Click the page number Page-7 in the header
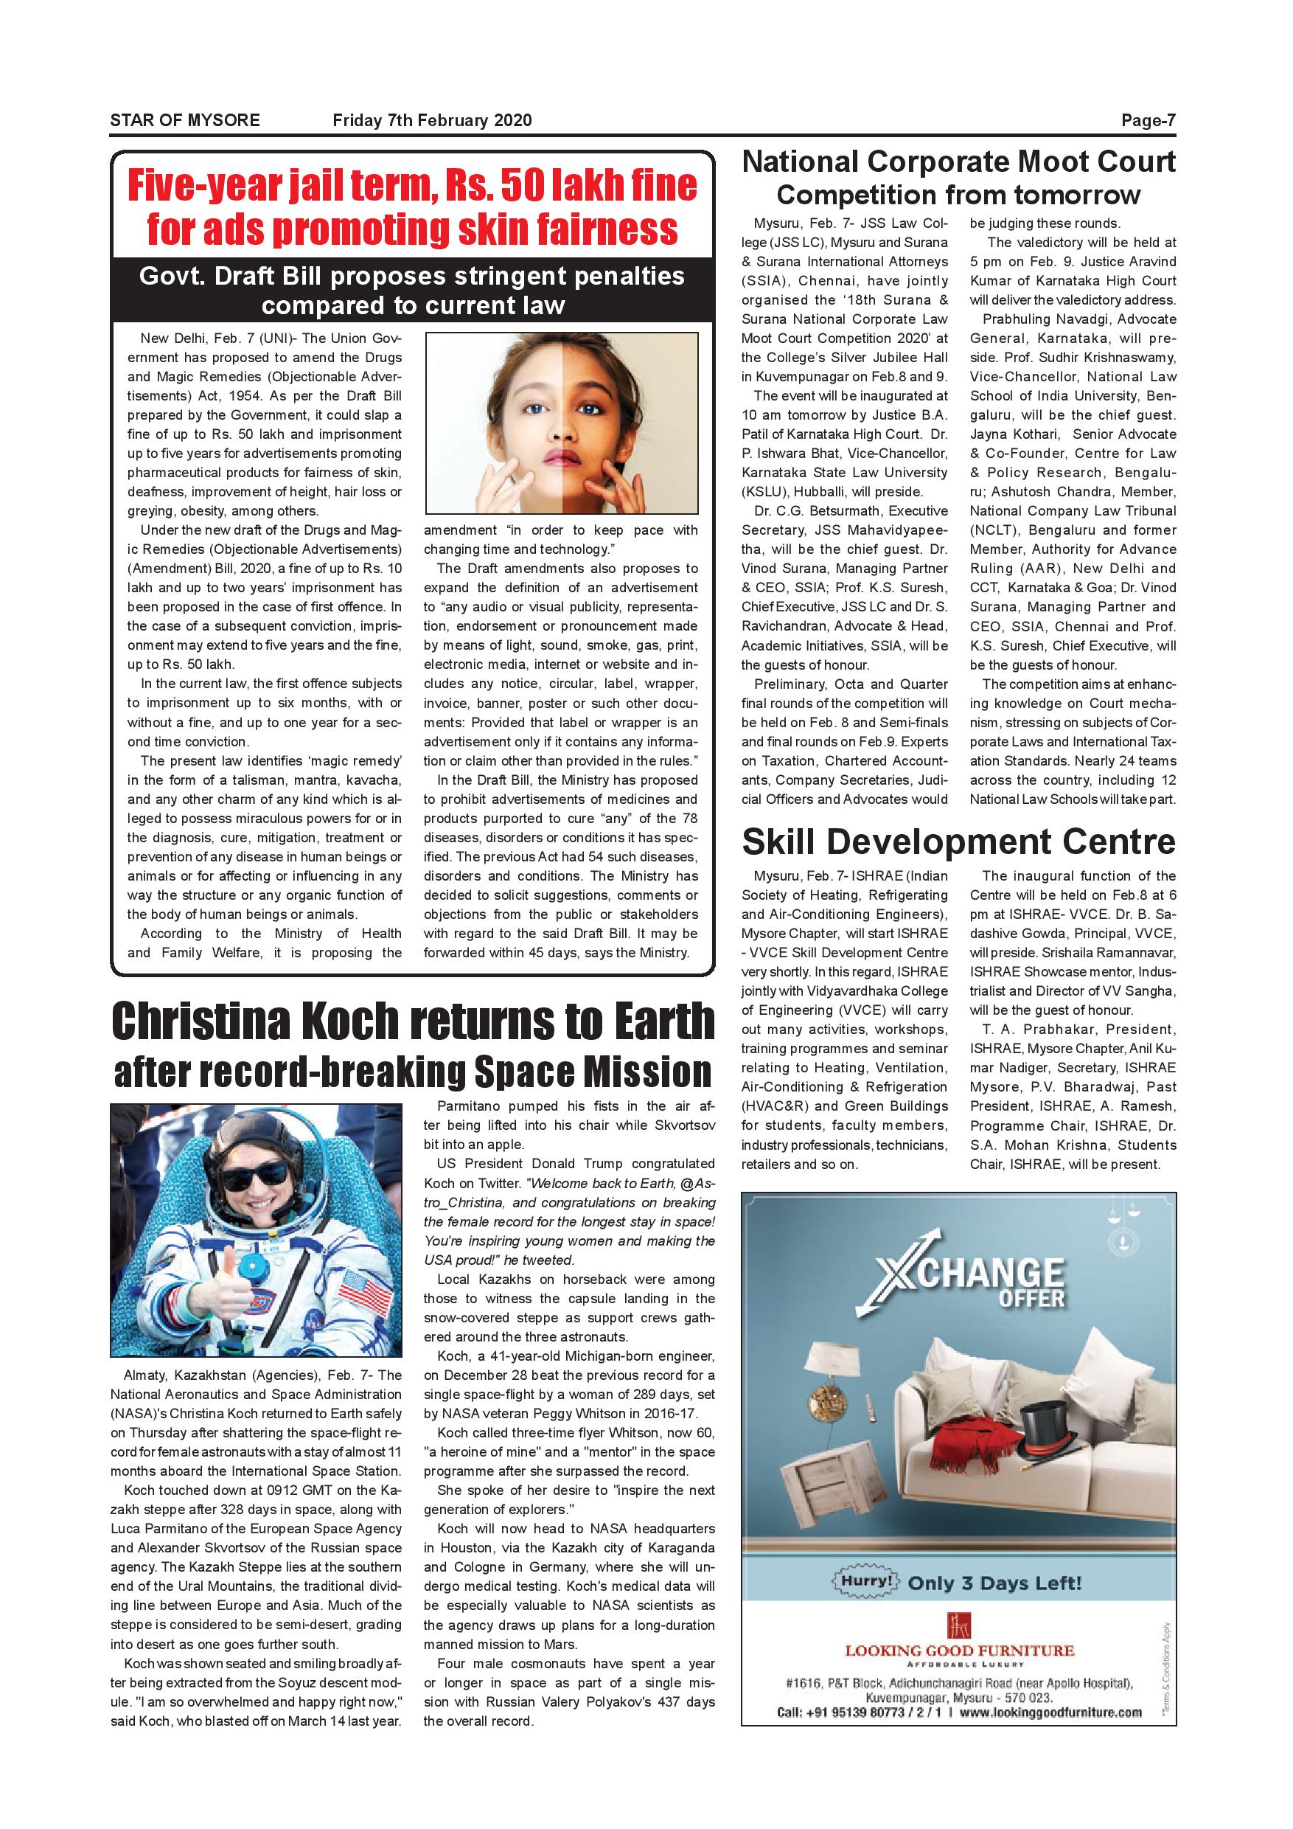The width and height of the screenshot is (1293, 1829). (x=1147, y=121)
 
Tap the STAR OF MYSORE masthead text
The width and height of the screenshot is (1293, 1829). (x=185, y=121)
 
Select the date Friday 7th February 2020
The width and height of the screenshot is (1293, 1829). (x=431, y=121)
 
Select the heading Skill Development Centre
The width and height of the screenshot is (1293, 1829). (x=958, y=841)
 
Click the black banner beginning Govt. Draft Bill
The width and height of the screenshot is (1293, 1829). (x=412, y=290)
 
